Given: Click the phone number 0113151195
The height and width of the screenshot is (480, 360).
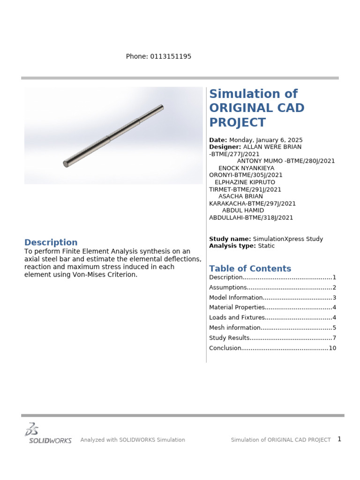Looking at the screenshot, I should [171, 57].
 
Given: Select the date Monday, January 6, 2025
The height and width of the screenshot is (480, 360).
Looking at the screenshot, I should [266, 140].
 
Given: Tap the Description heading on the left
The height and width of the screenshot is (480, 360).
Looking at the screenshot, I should [51, 242].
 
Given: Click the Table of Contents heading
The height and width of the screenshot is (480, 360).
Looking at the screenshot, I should [250, 269].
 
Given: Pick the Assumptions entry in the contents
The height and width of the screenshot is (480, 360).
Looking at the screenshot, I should [228, 287].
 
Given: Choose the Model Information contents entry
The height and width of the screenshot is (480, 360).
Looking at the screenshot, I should [236, 298].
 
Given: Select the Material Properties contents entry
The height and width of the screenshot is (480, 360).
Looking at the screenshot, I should [237, 307].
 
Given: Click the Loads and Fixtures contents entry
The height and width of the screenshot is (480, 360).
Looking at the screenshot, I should [237, 318].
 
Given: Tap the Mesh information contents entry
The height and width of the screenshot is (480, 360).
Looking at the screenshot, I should [234, 328].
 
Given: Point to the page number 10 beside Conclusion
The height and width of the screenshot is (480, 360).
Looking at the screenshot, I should [332, 348].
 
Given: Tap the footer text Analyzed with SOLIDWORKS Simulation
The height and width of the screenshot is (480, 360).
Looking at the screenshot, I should [133, 440].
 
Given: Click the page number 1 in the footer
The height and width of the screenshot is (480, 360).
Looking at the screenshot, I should [339, 439].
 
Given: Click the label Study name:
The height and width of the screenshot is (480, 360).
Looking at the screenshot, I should [230, 239].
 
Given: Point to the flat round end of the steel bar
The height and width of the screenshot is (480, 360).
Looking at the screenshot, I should [66, 164].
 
